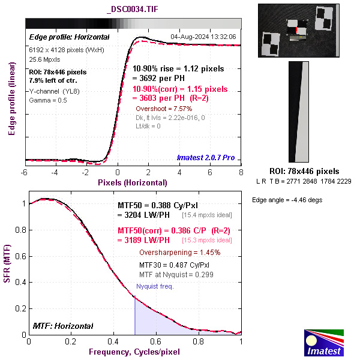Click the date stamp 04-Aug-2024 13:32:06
tap(203, 37)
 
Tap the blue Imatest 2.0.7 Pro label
tap(206, 158)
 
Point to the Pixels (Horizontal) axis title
tap(133, 182)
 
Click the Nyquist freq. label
tap(155, 286)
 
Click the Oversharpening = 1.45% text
tap(179, 253)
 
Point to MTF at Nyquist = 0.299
tap(176, 274)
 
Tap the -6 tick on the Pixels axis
tap(25, 172)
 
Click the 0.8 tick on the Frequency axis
tap(199, 341)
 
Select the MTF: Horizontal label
tap(63, 326)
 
